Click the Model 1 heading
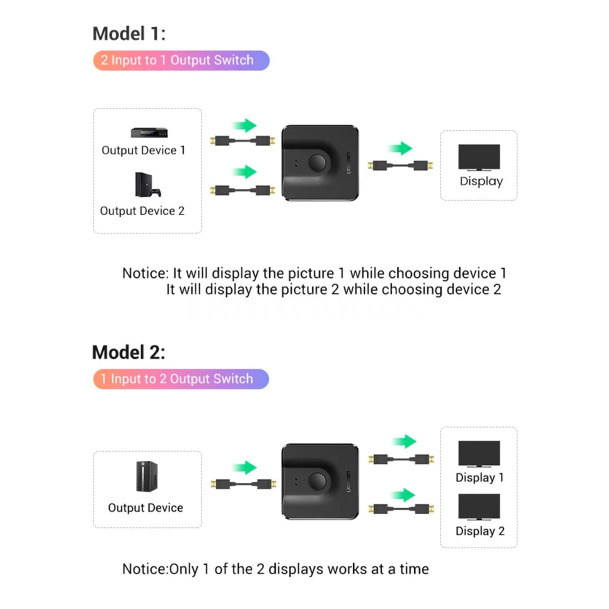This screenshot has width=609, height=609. click(129, 34)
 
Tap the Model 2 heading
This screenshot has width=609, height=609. click(129, 352)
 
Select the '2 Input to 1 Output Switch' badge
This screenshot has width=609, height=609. click(181, 60)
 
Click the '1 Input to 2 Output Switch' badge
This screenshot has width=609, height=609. click(181, 379)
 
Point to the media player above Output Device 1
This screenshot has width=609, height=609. click(149, 132)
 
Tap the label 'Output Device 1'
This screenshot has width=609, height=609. click(143, 150)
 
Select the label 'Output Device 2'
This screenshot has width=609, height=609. click(142, 211)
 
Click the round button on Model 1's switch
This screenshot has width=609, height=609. click(317, 162)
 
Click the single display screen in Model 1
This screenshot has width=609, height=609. click(479, 157)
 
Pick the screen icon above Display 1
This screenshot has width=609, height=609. click(479, 453)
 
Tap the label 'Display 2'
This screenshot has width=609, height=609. click(480, 531)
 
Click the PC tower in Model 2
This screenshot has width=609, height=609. click(147, 476)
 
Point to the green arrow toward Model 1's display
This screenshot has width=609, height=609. click(400, 148)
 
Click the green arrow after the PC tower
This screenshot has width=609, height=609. click(244, 468)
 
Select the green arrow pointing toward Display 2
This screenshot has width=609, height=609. click(403, 495)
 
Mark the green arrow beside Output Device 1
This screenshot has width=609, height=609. click(244, 126)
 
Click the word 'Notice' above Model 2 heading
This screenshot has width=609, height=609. click(145, 274)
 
